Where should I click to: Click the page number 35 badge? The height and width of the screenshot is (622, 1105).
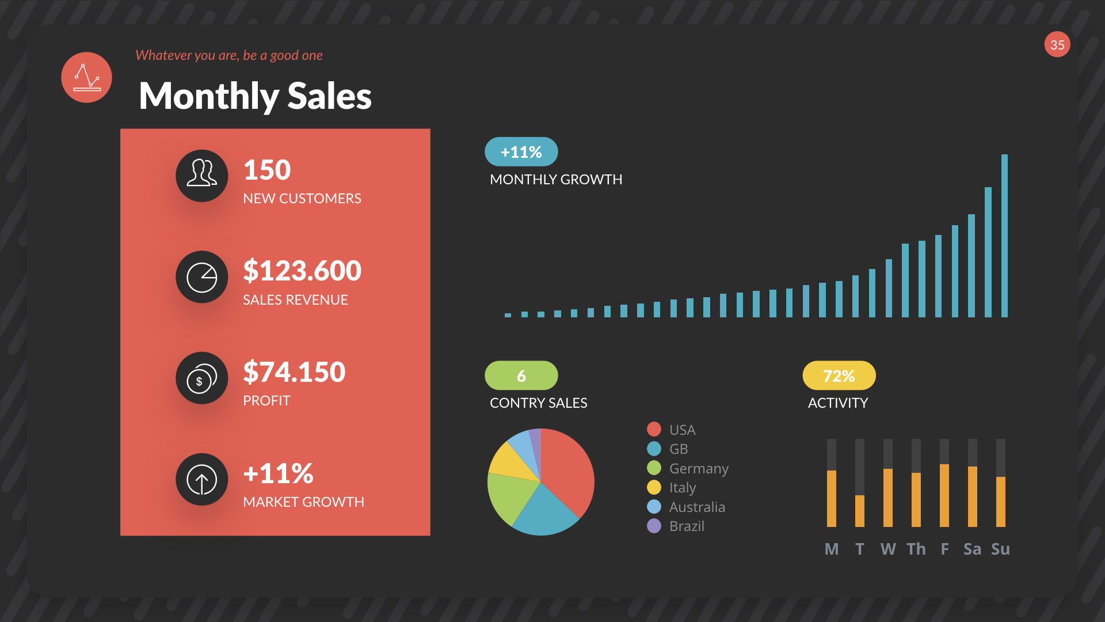click(x=1057, y=45)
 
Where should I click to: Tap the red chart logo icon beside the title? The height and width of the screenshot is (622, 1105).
click(x=86, y=78)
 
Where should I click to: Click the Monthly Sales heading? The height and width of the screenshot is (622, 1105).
click(x=255, y=96)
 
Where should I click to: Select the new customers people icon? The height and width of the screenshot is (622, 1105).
click(x=201, y=176)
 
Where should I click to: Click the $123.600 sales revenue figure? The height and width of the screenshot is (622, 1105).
click(x=302, y=271)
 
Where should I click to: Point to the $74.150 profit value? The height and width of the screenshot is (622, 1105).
click(x=294, y=372)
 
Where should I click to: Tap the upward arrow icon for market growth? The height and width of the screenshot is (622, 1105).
click(x=201, y=479)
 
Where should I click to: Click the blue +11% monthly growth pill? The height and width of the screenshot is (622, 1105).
click(x=521, y=152)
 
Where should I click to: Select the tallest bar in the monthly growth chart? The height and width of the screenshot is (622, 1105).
click(x=1004, y=236)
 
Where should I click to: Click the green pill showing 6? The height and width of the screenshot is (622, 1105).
click(x=521, y=376)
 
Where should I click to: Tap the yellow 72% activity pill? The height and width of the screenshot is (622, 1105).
click(x=839, y=376)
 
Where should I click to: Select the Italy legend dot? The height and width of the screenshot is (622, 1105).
click(x=654, y=488)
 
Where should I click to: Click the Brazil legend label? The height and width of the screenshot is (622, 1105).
click(x=687, y=526)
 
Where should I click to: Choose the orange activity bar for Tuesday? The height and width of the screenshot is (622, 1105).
click(x=859, y=511)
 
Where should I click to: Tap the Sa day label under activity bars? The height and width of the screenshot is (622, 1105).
click(x=972, y=549)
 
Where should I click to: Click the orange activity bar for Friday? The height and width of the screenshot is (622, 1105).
click(x=944, y=495)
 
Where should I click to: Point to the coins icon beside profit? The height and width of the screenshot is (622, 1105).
click(x=201, y=378)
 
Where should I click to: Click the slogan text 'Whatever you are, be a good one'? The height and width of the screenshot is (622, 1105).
click(x=228, y=55)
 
